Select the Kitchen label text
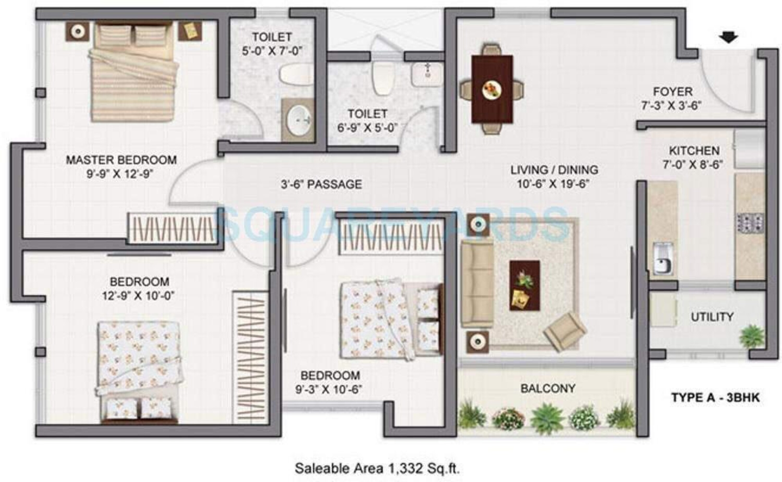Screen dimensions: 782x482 [x=694, y=151]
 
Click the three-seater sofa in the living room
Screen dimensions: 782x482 [x=477, y=283]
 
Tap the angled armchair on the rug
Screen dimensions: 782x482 [x=565, y=331]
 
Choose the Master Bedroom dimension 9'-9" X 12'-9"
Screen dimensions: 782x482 [x=120, y=174]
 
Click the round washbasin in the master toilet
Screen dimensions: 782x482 [x=298, y=120]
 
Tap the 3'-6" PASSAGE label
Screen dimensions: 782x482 [x=321, y=184]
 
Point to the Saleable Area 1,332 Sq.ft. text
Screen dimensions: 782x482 [x=377, y=468]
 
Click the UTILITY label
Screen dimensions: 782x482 [x=712, y=317]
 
